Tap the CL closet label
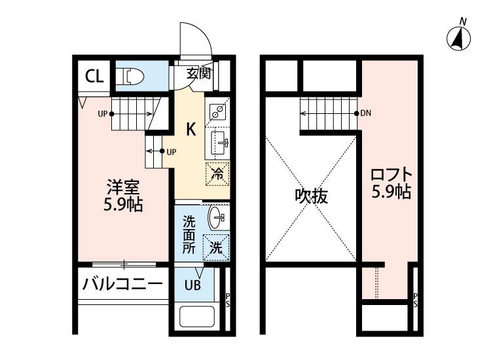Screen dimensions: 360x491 click(x=94, y=76)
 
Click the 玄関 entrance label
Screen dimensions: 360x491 click(x=198, y=73)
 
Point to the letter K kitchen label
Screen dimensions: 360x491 click(x=191, y=129)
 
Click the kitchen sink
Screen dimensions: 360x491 click(x=218, y=140)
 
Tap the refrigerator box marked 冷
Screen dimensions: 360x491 click(x=218, y=174)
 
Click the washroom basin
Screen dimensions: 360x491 click(x=217, y=217)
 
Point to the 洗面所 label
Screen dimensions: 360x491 click(x=188, y=234)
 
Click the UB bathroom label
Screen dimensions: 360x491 click(x=192, y=285)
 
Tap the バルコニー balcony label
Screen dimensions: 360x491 click(x=122, y=285)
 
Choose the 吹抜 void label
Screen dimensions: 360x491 click(x=310, y=196)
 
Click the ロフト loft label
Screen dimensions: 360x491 click(x=391, y=176)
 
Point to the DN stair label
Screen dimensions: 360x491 click(x=365, y=113)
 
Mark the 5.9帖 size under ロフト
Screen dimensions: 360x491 click(x=391, y=194)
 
